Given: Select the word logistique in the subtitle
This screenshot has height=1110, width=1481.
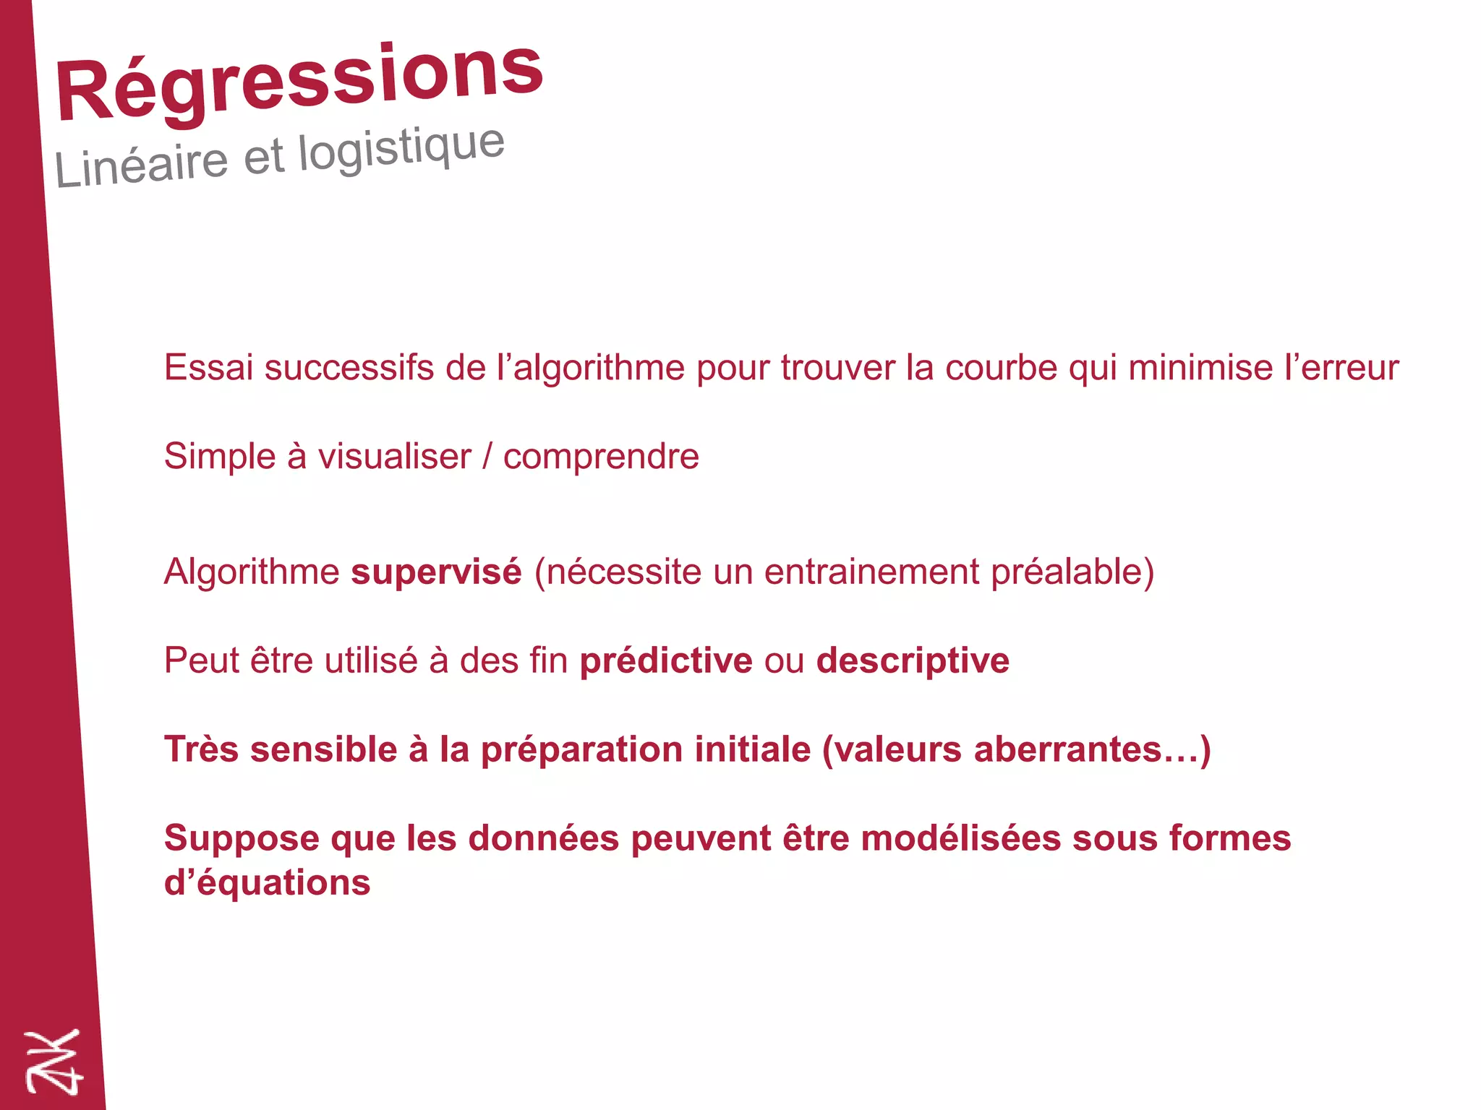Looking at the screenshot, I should click(x=401, y=147).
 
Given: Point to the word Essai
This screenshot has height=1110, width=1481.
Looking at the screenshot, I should click(x=208, y=367).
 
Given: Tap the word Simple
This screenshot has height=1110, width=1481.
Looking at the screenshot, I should click(x=220, y=456).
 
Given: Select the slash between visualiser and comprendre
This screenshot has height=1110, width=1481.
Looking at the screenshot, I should click(x=487, y=456).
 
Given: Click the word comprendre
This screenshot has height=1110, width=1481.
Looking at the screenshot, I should click(x=601, y=456).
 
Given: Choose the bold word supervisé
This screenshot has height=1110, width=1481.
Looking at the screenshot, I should click(x=436, y=572).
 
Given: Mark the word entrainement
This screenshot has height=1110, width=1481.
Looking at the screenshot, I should click(x=871, y=572).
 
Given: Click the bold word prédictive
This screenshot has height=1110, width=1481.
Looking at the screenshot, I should click(x=666, y=661).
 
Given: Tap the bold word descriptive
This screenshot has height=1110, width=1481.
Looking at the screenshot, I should click(x=913, y=661).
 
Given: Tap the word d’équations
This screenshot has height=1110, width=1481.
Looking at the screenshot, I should click(x=267, y=883).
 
